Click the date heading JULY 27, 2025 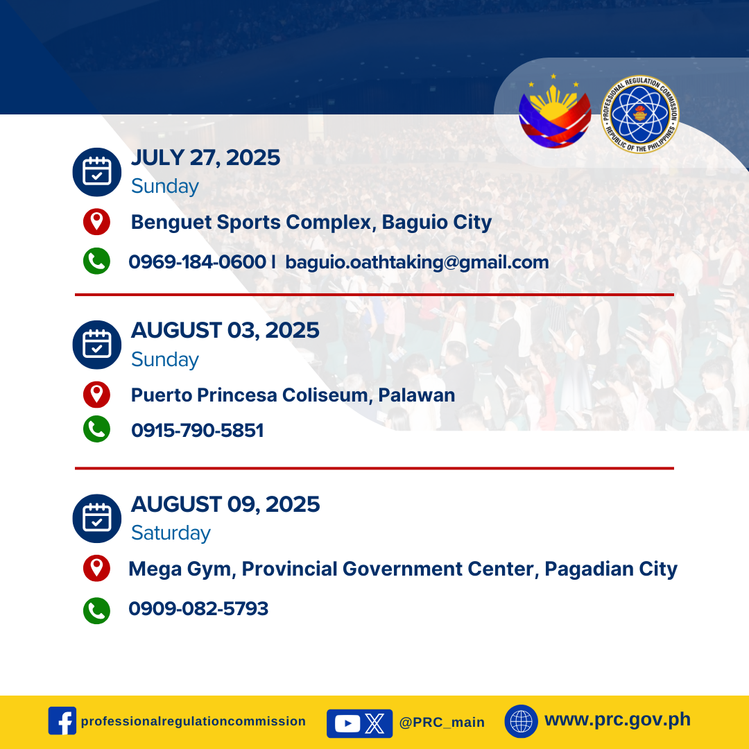click(205, 158)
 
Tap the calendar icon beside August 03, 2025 click(97, 345)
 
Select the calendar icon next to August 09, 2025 click(97, 518)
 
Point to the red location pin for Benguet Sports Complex click(96, 222)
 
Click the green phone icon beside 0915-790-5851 click(96, 429)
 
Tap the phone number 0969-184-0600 click(197, 261)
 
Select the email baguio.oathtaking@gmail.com click(417, 262)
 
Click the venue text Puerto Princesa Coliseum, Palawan click(293, 395)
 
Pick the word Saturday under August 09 click(171, 533)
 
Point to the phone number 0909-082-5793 click(198, 609)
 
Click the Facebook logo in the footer click(62, 721)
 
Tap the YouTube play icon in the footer click(347, 723)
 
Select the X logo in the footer click(374, 723)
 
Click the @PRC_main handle click(442, 722)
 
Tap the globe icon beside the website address click(521, 721)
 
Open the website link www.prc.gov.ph click(618, 719)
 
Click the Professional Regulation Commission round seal click(640, 114)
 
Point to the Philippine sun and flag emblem click(555, 111)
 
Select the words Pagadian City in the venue click(611, 569)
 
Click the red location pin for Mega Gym click(96, 568)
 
